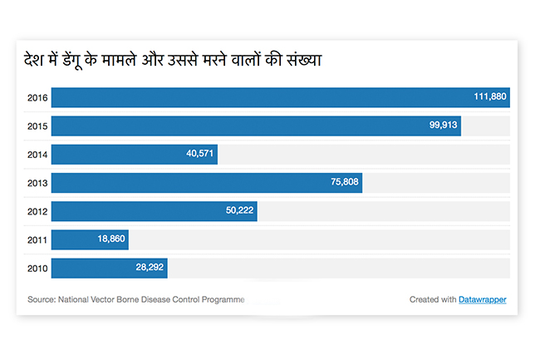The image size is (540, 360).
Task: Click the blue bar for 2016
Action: tap(280, 97)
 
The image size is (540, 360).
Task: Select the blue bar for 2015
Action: tap(256, 126)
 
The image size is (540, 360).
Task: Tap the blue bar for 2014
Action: tap(134, 154)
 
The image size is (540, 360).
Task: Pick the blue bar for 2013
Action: tap(206, 182)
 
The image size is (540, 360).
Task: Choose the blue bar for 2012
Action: tap(154, 210)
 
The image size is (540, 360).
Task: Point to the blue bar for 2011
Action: tap(90, 239)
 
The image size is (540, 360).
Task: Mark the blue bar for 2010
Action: tap(109, 268)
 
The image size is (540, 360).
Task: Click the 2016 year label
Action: tap(37, 98)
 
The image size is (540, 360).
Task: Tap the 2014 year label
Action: tap(37, 155)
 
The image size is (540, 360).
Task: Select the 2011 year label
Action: tap(37, 240)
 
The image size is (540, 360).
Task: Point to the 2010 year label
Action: tap(37, 269)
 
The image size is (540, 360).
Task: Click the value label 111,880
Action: tap(489, 97)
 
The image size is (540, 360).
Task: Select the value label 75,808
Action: tap(342, 182)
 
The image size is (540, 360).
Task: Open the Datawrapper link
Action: tap(482, 299)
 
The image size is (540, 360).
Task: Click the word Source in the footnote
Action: tap(41, 299)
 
